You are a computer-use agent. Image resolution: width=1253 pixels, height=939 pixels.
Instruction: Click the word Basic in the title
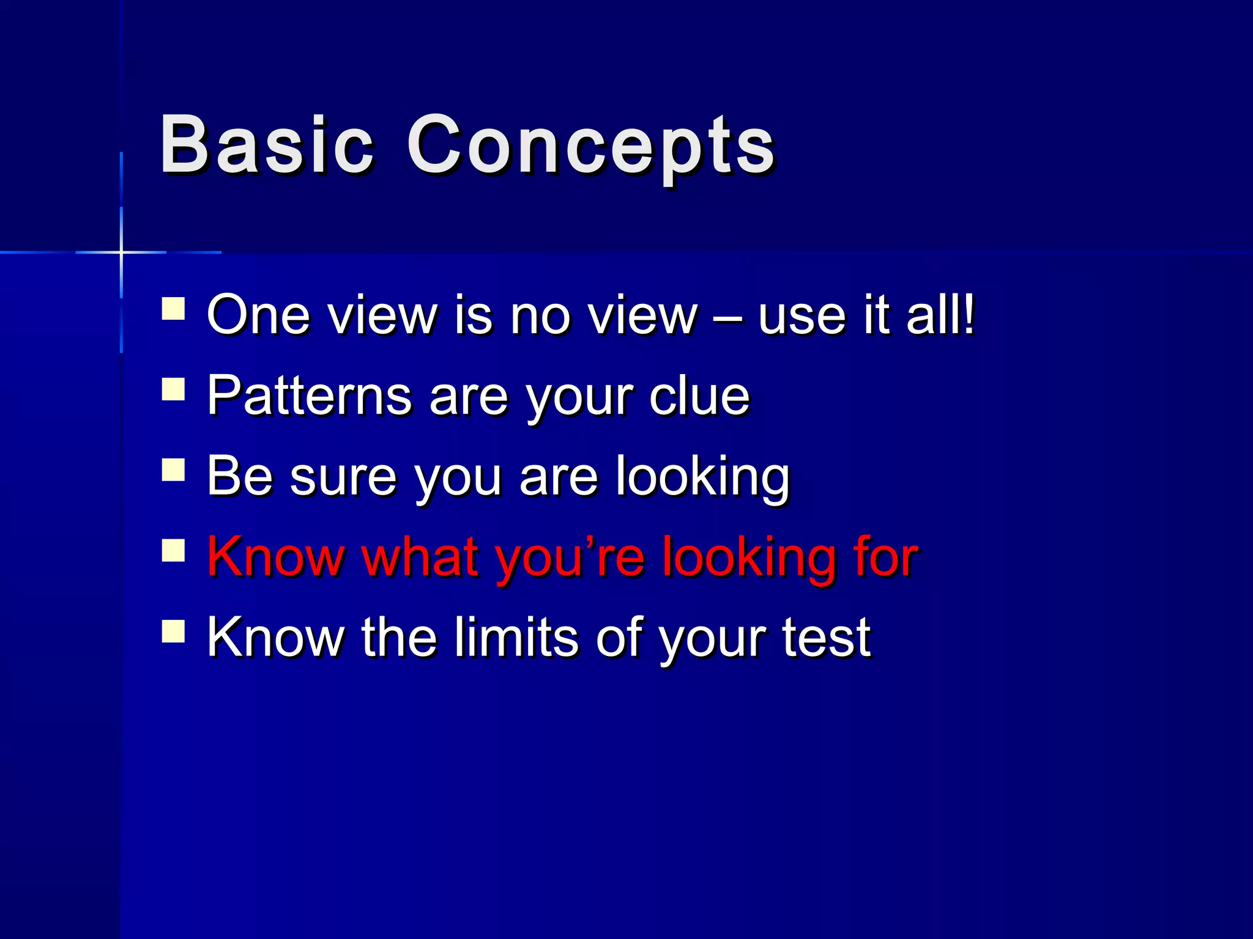(267, 145)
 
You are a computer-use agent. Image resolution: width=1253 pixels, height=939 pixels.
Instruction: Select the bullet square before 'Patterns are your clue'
(174, 389)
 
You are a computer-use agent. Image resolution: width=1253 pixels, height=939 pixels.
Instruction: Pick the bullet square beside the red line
(174, 550)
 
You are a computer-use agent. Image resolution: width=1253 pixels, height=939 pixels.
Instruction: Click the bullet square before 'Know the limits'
(174, 631)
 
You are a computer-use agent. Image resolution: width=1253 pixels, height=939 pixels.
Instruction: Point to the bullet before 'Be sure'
(174, 470)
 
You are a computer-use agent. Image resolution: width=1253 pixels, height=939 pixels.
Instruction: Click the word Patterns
(309, 396)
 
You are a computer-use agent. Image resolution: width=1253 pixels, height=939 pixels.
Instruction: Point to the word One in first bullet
(258, 315)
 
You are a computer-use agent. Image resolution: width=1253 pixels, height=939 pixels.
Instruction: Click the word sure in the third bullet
(343, 477)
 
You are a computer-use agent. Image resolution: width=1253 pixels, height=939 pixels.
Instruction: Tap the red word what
(420, 557)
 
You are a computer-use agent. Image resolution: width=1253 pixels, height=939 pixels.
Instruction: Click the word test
(826, 638)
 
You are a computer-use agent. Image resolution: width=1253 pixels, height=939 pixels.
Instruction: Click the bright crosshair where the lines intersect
(121, 252)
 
